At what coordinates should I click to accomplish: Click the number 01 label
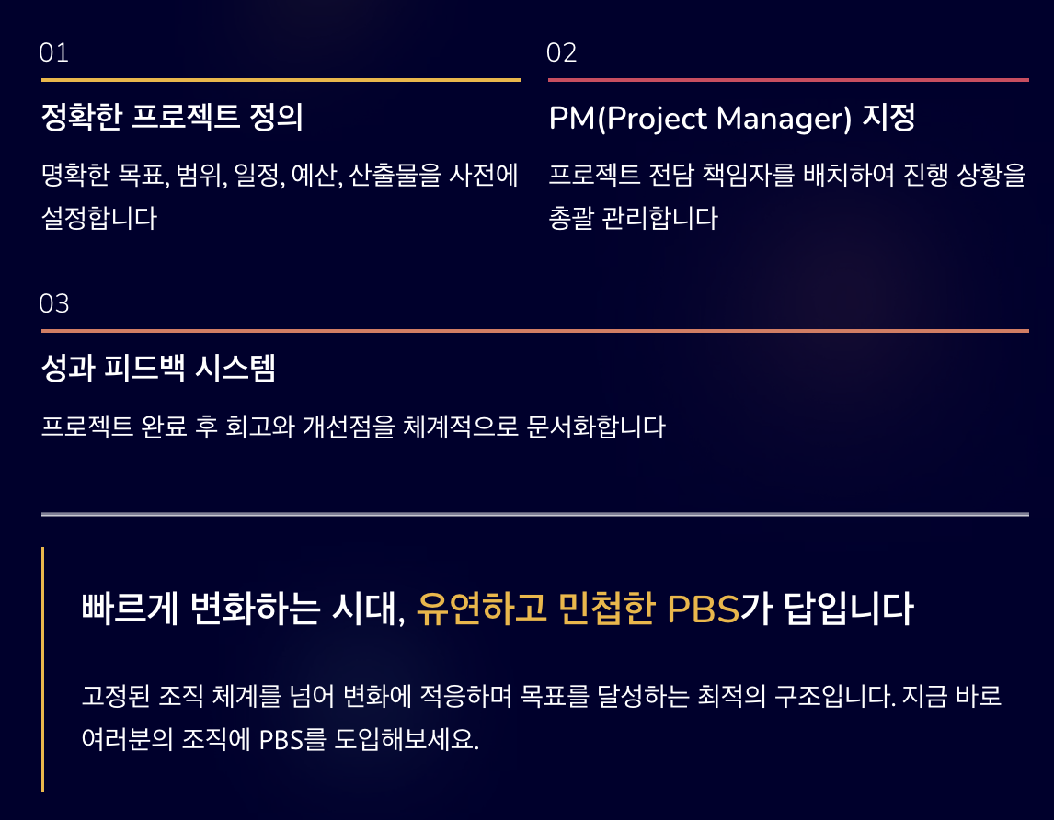pos(54,53)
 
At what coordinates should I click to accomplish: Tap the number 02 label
pos(561,53)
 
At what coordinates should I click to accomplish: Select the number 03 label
pos(54,303)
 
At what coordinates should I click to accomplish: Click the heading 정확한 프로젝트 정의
pos(172,118)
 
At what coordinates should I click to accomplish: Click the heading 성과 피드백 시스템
pos(159,369)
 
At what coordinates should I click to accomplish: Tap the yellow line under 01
pos(281,80)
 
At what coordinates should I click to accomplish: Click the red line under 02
pos(788,80)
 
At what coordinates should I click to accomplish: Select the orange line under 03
pos(534,330)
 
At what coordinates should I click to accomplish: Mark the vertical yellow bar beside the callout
pos(42,668)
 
